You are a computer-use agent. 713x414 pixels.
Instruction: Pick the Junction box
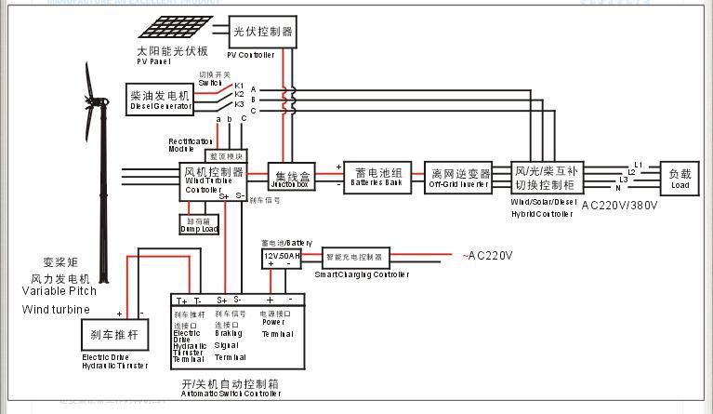tap(292, 175)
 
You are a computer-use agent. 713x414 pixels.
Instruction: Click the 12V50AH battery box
tap(283, 256)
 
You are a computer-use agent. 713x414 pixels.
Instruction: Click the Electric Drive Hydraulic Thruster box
tap(114, 333)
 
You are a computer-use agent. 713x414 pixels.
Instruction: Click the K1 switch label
tap(239, 85)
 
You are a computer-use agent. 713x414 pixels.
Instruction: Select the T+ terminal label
tap(182, 300)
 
